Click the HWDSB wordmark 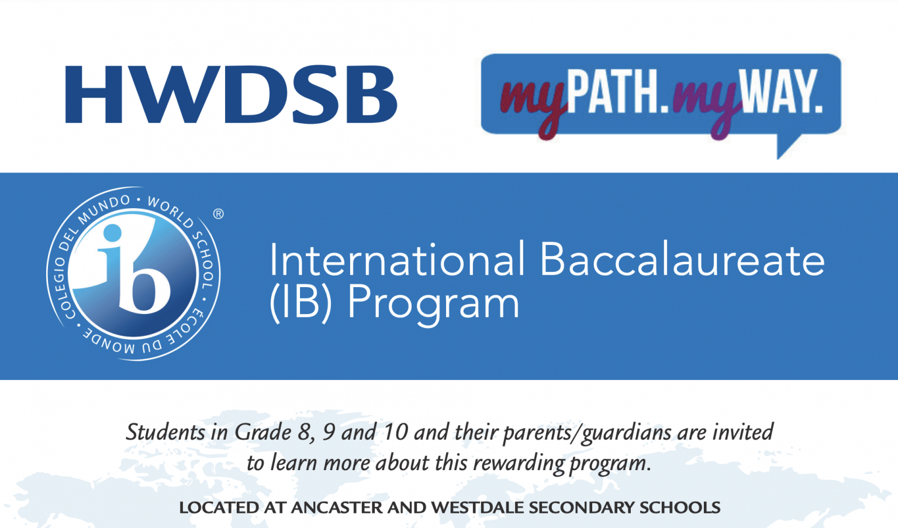tap(231, 94)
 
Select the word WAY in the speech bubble tap(781, 92)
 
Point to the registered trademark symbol tap(218, 214)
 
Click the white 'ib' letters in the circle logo tap(133, 269)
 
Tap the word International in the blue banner tap(397, 260)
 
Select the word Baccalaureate tap(682, 260)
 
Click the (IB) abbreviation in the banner tap(301, 302)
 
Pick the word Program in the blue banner tap(433, 305)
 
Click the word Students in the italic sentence tap(166, 433)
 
